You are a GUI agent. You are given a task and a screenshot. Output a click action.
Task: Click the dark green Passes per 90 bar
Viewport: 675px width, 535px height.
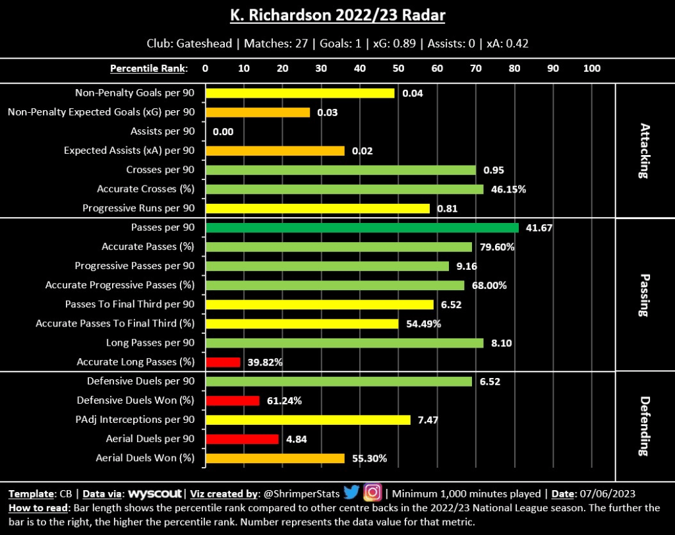[362, 228]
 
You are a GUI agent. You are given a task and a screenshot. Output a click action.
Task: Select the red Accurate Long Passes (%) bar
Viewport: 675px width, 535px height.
[223, 362]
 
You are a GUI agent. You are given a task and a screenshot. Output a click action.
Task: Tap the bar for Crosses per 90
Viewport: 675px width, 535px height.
[340, 170]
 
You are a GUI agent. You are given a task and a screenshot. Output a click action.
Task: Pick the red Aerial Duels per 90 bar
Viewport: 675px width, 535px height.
[242, 439]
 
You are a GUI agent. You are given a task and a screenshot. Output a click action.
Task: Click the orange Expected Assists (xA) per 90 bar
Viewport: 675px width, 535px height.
[275, 151]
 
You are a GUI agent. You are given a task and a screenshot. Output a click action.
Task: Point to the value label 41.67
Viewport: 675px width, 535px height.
[538, 228]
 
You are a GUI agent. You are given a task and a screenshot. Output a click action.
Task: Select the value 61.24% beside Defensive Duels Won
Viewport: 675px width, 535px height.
[283, 400]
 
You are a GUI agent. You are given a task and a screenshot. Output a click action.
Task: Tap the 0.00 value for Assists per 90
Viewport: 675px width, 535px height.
[223, 132]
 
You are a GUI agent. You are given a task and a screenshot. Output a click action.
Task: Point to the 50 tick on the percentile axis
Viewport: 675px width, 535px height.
[398, 68]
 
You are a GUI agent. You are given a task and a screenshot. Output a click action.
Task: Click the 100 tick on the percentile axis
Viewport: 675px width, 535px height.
[592, 68]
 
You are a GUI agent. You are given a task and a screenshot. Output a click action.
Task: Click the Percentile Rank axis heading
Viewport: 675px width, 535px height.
[148, 68]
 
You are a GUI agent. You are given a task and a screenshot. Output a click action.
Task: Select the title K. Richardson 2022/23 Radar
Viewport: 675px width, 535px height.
[337, 15]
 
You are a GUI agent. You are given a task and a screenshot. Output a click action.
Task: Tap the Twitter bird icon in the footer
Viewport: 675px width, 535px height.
[351, 493]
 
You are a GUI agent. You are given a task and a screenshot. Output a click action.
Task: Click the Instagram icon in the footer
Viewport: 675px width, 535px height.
[372, 493]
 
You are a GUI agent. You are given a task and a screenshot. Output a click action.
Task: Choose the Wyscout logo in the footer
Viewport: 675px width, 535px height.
[156, 493]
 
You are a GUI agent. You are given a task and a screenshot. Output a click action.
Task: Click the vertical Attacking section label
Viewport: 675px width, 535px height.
[643, 150]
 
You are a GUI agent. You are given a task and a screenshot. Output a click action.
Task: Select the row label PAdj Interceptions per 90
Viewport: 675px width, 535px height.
[136, 420]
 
